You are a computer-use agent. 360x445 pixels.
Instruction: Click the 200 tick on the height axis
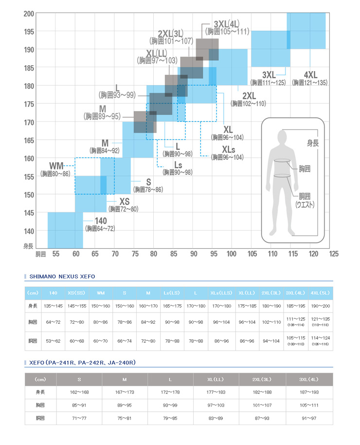[x=28, y=14]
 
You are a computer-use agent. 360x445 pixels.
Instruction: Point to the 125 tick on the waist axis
[x=334, y=254]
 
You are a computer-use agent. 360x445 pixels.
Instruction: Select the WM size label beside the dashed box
[x=56, y=166]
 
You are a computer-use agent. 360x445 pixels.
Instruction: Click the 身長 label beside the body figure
[x=313, y=143]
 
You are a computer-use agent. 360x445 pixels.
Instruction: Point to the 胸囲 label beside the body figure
[x=305, y=169]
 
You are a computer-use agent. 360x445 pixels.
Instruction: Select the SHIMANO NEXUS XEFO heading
[x=62, y=277]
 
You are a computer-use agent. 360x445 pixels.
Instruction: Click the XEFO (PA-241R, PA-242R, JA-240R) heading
[x=82, y=363]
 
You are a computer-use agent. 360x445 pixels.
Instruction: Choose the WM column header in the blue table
[x=101, y=293]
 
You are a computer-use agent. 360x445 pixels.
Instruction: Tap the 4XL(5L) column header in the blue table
[x=320, y=293]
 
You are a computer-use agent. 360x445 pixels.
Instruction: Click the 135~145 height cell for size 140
[x=53, y=306]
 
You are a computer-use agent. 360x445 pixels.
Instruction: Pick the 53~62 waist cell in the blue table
[x=53, y=341]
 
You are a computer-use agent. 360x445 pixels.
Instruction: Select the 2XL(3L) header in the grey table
[x=263, y=379]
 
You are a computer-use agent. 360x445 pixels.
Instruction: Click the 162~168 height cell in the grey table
[x=79, y=392]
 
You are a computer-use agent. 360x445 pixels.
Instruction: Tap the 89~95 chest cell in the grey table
[x=125, y=405]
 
